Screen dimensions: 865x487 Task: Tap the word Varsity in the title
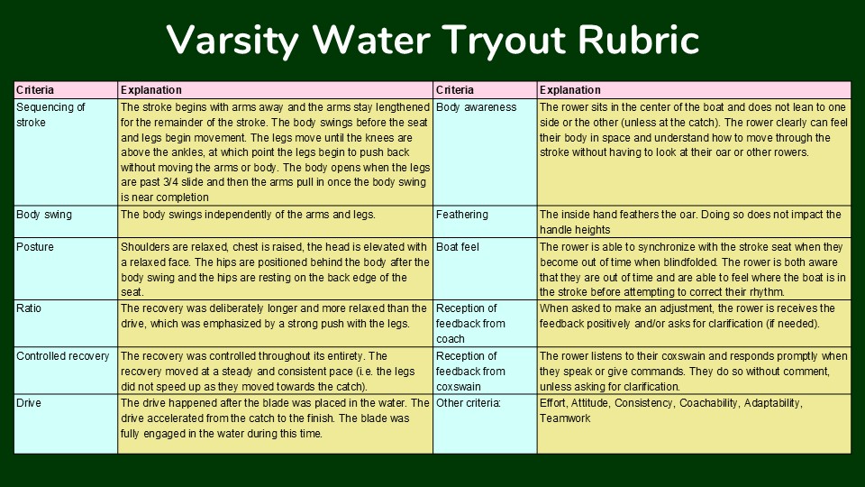click(x=232, y=41)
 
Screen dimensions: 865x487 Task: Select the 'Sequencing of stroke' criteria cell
click(x=66, y=152)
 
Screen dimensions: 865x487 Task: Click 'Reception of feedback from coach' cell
click(x=485, y=324)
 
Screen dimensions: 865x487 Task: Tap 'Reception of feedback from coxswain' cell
click(x=485, y=371)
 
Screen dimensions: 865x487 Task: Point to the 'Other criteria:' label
click(x=469, y=403)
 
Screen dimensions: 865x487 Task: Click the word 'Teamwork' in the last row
click(x=565, y=418)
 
